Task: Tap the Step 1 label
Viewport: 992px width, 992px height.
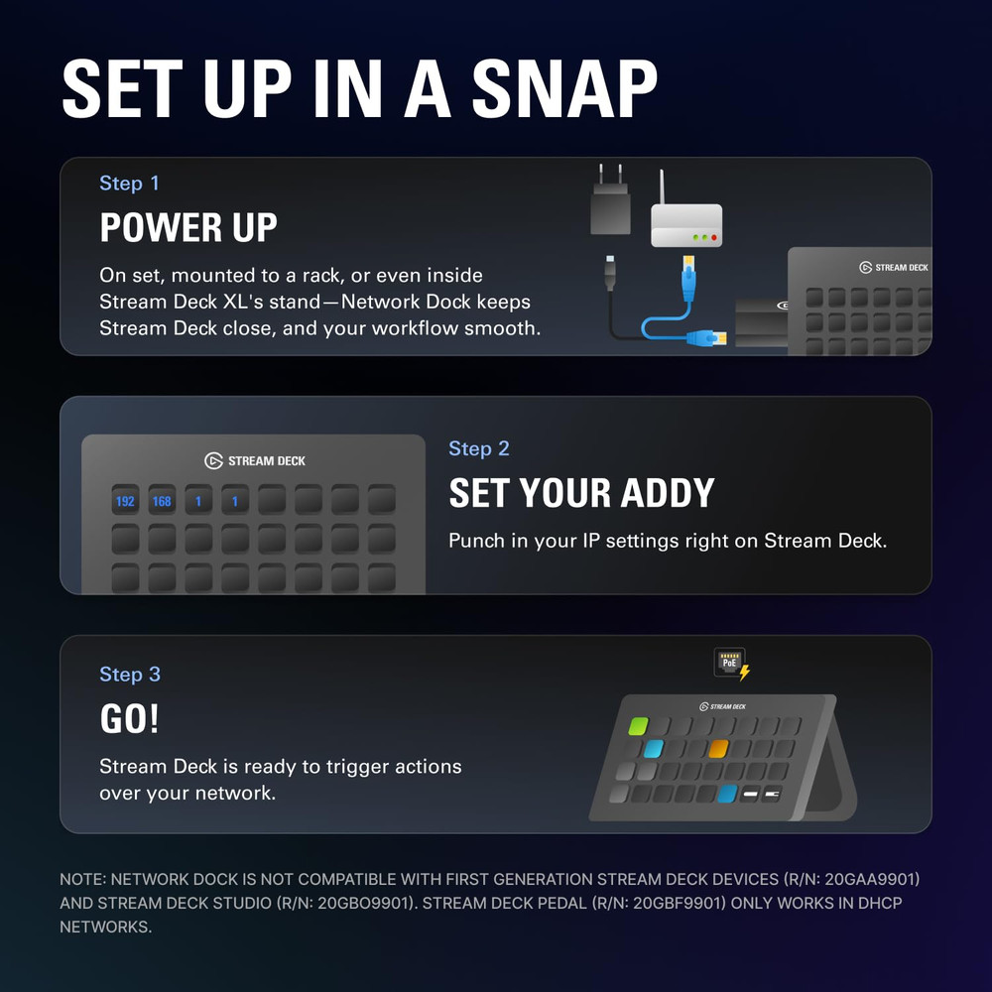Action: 129,184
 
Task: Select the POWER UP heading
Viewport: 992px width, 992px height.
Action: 188,228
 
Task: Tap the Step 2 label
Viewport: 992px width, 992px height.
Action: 478,448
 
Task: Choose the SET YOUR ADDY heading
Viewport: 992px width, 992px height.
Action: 581,493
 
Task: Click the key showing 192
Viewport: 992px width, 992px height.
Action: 125,501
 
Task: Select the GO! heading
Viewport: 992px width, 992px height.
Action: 129,719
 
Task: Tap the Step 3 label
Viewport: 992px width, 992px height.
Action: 129,675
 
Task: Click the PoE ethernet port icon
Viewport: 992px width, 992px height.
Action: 729,662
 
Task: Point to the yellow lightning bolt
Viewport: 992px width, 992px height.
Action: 745,673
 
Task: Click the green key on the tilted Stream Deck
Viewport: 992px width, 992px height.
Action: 638,726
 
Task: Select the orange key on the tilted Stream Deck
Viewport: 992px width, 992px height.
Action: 718,749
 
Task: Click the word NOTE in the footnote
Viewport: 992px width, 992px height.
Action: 82,879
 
